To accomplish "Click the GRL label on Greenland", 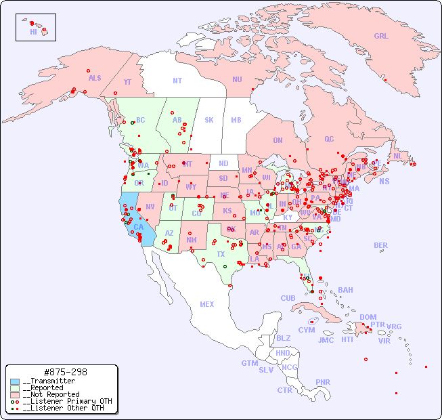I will (x=381, y=37).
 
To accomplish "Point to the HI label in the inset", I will (x=33, y=32).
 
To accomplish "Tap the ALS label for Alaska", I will (x=95, y=79).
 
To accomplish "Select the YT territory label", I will (x=127, y=82).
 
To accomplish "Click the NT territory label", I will (x=177, y=81).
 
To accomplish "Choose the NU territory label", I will (x=237, y=79).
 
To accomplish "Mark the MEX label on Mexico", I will (x=207, y=304).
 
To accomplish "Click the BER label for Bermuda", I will (x=381, y=245).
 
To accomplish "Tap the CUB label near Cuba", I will (x=288, y=298).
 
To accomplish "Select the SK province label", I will (x=209, y=121).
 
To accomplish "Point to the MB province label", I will (x=236, y=121).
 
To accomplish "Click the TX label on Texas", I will (x=221, y=255).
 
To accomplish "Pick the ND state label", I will (x=223, y=163).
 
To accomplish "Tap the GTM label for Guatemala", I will (x=249, y=363).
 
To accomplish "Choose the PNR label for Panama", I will (x=323, y=382).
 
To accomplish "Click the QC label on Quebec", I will (x=329, y=139).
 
